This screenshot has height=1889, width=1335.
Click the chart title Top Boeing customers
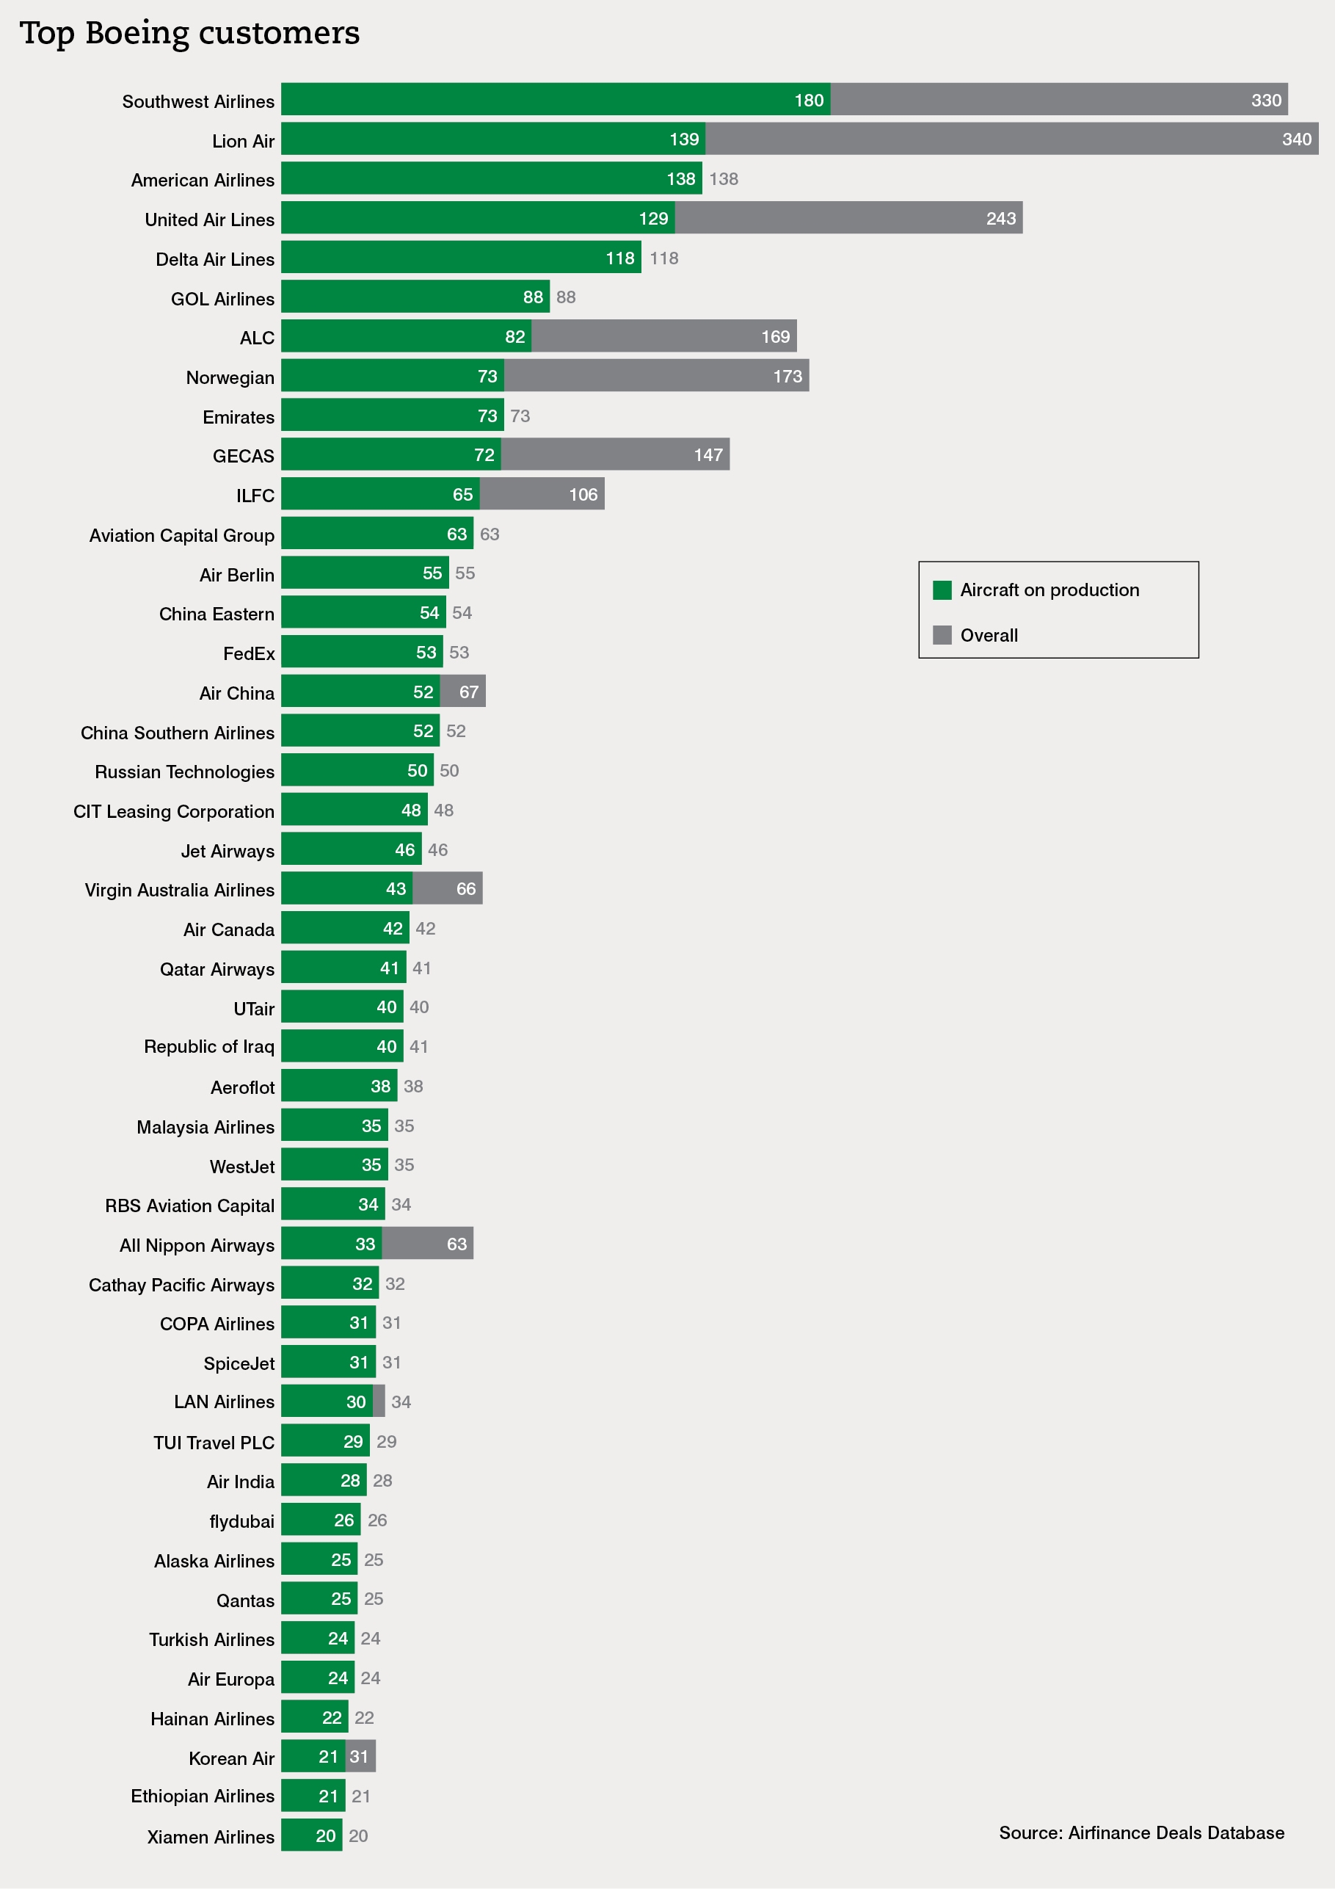(x=189, y=34)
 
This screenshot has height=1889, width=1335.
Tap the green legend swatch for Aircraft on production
(x=942, y=590)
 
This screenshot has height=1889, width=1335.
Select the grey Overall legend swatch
(x=942, y=635)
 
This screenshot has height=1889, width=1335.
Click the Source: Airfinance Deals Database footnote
(x=1141, y=1832)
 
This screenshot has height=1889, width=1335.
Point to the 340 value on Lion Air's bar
(x=1295, y=139)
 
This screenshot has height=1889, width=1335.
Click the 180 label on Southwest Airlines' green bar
(x=808, y=101)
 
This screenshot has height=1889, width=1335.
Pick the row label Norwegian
(x=230, y=377)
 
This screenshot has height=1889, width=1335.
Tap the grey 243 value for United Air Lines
(x=1000, y=219)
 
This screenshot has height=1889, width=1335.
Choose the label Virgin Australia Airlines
(x=179, y=891)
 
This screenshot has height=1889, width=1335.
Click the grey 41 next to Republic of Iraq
(x=418, y=1046)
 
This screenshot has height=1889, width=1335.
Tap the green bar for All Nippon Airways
(x=331, y=1244)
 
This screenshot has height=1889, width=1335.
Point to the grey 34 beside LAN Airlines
(x=401, y=1402)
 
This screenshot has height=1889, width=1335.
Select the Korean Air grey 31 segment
(x=360, y=1757)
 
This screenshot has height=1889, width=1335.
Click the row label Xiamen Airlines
(x=211, y=1837)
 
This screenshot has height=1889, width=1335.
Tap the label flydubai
(x=242, y=1521)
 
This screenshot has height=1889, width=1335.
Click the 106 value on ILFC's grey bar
(x=583, y=495)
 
